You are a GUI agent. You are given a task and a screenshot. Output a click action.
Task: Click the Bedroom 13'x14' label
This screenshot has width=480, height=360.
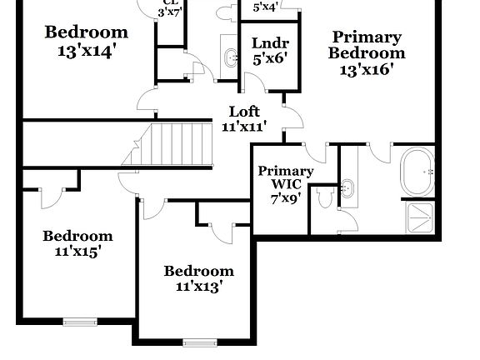click(87, 40)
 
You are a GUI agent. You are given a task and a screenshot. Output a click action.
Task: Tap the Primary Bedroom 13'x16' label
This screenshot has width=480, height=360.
click(367, 53)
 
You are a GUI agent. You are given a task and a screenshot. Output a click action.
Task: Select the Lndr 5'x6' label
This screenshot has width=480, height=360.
click(270, 51)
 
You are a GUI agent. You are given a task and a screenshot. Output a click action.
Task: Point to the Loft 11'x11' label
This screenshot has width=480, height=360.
click(244, 118)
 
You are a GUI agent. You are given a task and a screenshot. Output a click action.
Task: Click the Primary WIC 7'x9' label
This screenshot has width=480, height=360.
click(285, 184)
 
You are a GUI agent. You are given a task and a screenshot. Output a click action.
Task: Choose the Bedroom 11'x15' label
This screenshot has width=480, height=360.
click(77, 242)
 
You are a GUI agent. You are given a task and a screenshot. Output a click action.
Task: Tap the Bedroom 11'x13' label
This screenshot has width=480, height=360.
click(198, 278)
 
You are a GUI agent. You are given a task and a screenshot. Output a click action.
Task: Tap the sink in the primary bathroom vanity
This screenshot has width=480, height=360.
click(349, 188)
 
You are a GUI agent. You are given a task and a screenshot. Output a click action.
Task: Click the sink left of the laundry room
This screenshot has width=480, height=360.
click(229, 57)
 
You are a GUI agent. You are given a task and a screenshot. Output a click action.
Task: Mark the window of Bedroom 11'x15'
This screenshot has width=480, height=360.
click(81, 321)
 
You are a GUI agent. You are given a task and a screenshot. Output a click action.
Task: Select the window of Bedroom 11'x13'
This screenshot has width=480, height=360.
click(200, 341)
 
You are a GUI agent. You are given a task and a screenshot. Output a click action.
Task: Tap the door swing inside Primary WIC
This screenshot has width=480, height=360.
click(316, 150)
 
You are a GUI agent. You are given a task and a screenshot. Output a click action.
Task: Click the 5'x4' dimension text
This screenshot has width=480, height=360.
click(265, 7)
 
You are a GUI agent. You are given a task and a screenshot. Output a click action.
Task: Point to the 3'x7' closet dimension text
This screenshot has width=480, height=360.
click(170, 12)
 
